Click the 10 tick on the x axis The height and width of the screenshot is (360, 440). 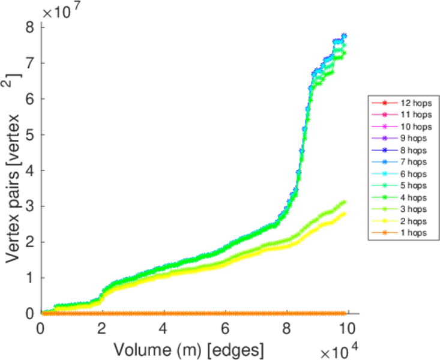pos(349,328)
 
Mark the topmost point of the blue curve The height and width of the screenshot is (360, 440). pos(344,35)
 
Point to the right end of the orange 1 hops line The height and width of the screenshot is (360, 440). pos(346,313)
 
